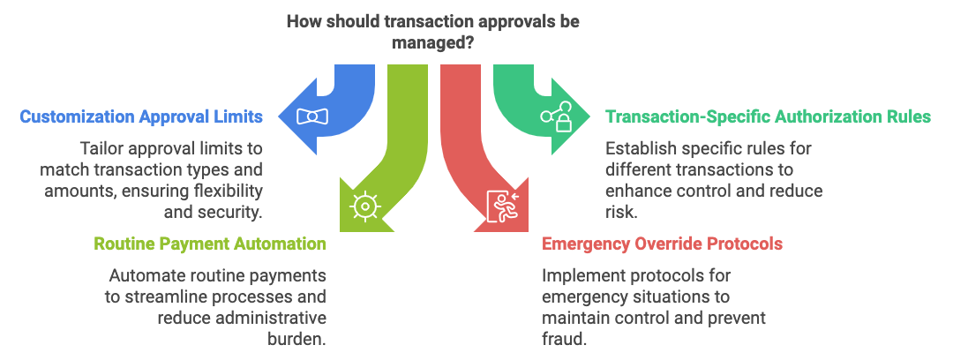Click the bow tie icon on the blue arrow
click(311, 116)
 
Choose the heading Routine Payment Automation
click(210, 244)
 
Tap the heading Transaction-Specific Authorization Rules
click(768, 116)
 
